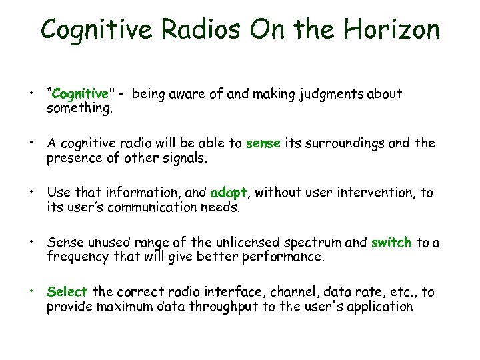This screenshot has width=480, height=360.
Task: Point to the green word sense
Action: click(x=263, y=143)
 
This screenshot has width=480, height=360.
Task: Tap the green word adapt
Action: click(x=229, y=193)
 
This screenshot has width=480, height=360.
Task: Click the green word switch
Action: click(x=391, y=243)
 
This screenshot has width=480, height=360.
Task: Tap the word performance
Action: click(x=283, y=257)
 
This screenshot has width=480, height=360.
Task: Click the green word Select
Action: click(x=67, y=292)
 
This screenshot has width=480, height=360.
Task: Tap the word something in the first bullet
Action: click(x=80, y=108)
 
